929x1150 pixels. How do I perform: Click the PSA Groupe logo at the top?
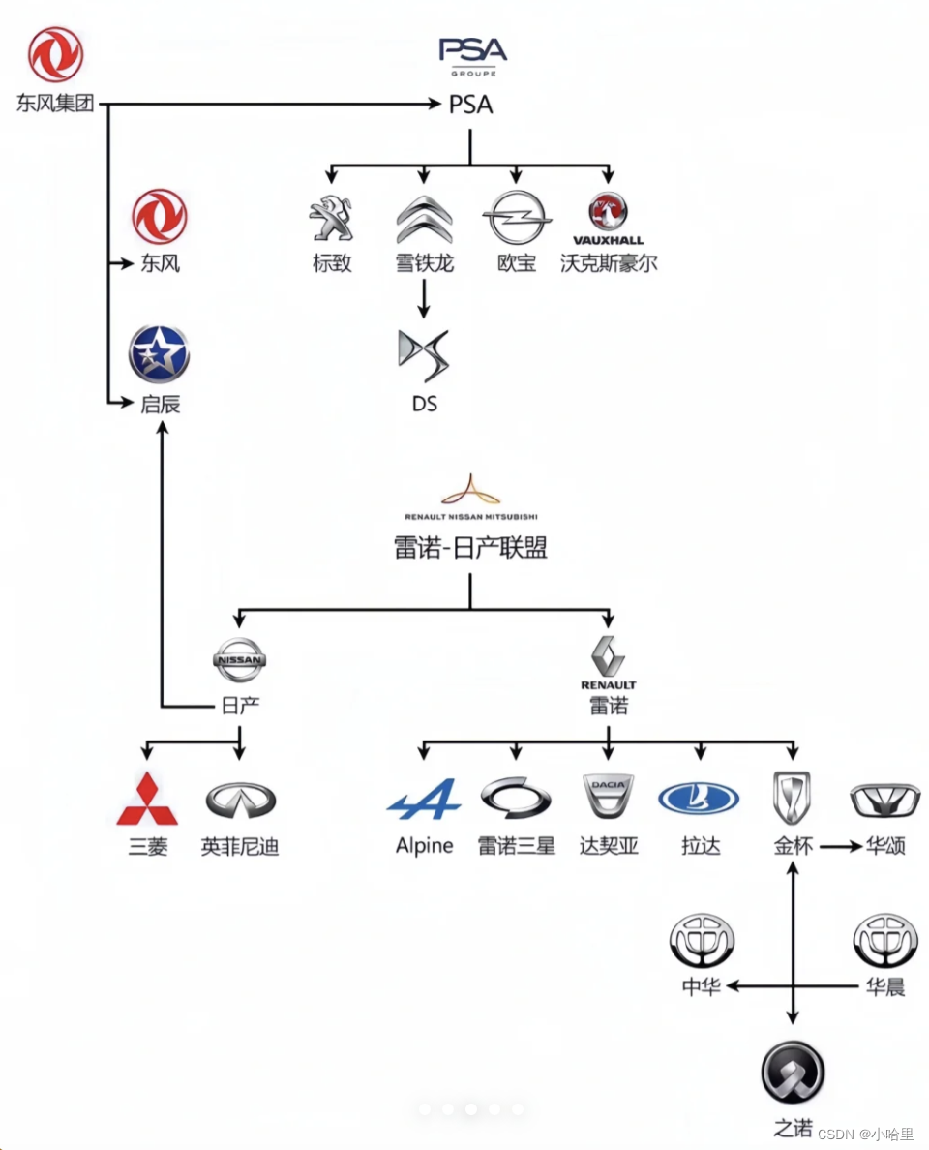coord(472,54)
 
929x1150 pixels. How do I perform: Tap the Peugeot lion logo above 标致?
coord(330,220)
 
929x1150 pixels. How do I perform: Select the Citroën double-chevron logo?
coord(424,219)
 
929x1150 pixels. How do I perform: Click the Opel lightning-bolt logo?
coord(516,218)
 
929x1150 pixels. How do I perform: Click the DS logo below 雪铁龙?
coord(424,355)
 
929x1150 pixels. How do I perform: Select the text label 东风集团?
coord(55,104)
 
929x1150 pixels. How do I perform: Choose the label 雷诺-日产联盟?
coord(470,548)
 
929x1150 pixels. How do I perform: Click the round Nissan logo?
coord(239,661)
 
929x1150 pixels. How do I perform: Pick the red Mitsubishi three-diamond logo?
coord(147,800)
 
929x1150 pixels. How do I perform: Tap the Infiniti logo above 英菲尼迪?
coord(240,801)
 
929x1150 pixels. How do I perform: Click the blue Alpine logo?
coord(424,801)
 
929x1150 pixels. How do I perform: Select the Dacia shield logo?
coord(608,798)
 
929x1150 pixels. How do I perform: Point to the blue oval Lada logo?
coord(699,800)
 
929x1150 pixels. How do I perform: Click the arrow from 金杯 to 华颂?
coord(839,847)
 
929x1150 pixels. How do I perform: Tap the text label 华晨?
coord(884,987)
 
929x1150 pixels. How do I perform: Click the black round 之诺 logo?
coord(793,1073)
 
